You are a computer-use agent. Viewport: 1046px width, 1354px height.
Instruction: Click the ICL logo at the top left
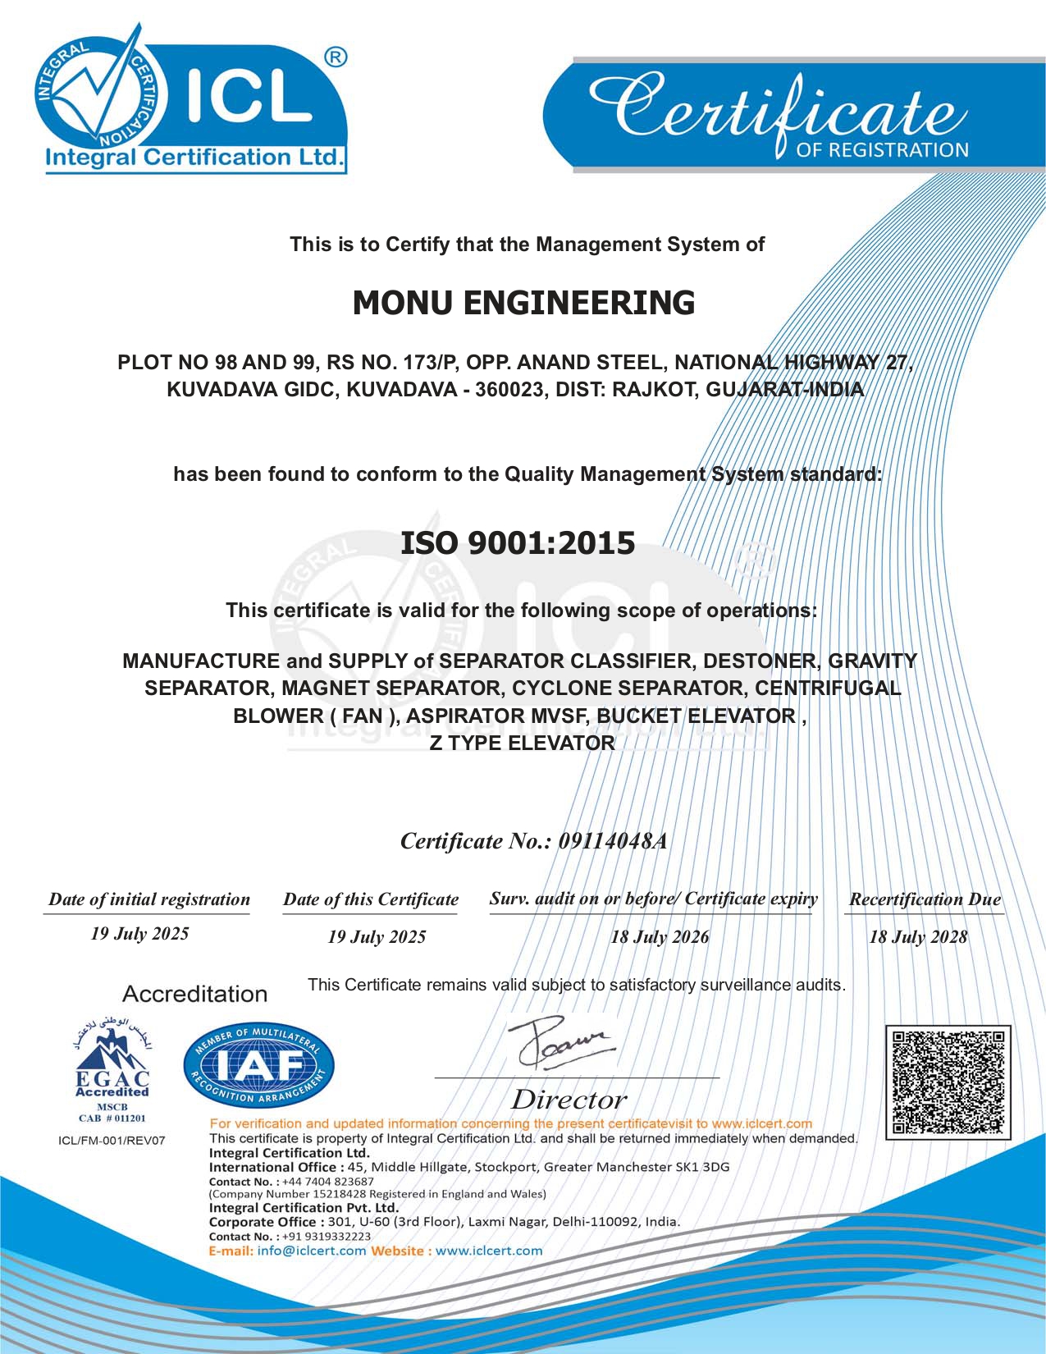[193, 98]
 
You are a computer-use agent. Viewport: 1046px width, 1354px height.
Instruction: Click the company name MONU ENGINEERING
[523, 303]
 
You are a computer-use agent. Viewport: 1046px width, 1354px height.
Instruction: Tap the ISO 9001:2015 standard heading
[518, 543]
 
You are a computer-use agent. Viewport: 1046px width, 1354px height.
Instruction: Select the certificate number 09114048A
[612, 841]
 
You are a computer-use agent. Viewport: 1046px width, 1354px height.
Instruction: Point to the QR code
[948, 1082]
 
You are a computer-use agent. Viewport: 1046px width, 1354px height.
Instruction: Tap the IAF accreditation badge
[259, 1066]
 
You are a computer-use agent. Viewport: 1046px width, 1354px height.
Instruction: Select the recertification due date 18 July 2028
[918, 937]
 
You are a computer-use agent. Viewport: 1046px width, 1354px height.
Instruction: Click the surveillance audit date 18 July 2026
[660, 937]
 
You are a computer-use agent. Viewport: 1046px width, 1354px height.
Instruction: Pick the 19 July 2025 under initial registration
[140, 934]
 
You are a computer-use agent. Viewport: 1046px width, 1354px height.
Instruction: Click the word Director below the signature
[569, 1100]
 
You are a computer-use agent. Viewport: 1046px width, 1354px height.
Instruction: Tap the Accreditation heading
[195, 994]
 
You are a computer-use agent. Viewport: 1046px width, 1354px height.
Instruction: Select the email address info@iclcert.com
[312, 1251]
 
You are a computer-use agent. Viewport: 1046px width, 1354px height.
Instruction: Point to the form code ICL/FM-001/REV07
[112, 1141]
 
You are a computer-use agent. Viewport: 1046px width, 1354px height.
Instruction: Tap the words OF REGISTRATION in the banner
[882, 150]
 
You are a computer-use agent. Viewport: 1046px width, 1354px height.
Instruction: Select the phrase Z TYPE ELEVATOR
[523, 743]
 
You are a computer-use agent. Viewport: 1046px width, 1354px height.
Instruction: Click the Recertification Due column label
[925, 899]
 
